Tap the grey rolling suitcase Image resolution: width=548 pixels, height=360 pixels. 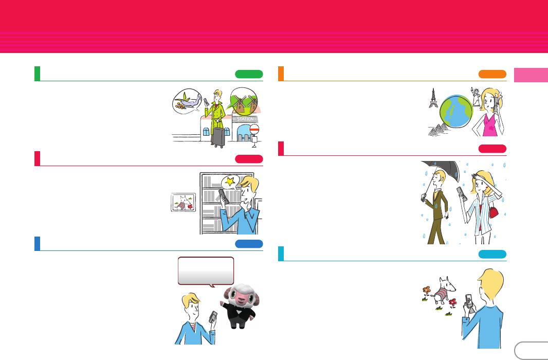coord(218,137)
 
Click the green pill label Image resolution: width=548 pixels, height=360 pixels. coord(249,74)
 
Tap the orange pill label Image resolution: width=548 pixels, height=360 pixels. coord(492,74)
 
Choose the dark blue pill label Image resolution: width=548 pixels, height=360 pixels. coord(249,244)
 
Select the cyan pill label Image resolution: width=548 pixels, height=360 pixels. coord(492,254)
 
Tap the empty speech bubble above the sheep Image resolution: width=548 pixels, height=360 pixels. coord(206,270)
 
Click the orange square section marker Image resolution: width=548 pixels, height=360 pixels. coord(281,74)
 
